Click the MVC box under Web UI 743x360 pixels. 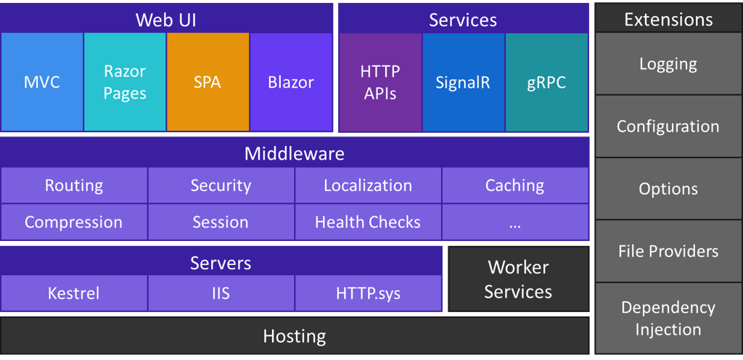pyautogui.click(x=41, y=82)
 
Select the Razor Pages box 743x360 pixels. pyautogui.click(x=125, y=82)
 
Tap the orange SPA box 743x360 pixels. pyautogui.click(x=208, y=82)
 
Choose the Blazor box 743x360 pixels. pyautogui.click(x=291, y=82)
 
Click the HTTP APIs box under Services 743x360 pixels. pyautogui.click(x=380, y=82)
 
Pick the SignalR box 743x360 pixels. pyautogui.click(x=463, y=82)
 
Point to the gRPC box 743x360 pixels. pyautogui.click(x=546, y=82)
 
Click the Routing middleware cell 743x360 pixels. pyautogui.click(x=74, y=186)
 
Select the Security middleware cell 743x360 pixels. pyautogui.click(x=221, y=186)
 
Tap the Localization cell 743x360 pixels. pyautogui.click(x=368, y=186)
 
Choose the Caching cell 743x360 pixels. pyautogui.click(x=514, y=186)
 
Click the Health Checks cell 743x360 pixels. pyautogui.click(x=368, y=222)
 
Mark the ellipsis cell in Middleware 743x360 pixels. pyautogui.click(x=514, y=222)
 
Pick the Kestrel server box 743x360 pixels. pyautogui.click(x=74, y=293)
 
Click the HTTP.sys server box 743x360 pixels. pyautogui.click(x=368, y=293)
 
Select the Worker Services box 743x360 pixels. pyautogui.click(x=518, y=279)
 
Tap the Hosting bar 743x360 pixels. pyautogui.click(x=295, y=336)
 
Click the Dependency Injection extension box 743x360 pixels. pyautogui.click(x=668, y=318)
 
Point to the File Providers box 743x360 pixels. pyautogui.click(x=668, y=251)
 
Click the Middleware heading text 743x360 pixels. pyautogui.click(x=295, y=154)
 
